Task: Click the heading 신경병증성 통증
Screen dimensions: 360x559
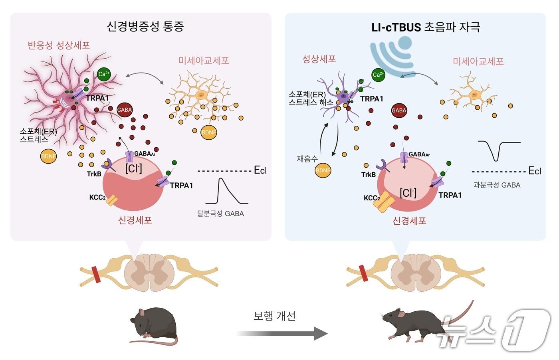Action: (145, 26)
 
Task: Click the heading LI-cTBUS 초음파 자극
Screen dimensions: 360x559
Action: (426, 27)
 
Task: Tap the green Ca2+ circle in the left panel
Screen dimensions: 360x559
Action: (104, 74)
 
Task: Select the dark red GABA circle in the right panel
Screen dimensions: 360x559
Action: (398, 111)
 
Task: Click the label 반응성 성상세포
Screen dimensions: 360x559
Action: (59, 45)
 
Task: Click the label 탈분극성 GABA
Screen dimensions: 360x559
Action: (220, 214)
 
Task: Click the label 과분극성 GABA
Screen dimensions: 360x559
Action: (497, 185)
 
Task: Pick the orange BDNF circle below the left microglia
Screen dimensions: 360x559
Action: (208, 133)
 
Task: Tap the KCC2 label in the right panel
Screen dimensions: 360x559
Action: (371, 198)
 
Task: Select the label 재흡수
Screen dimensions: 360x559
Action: (307, 158)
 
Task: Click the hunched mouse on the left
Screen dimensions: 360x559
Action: (154, 325)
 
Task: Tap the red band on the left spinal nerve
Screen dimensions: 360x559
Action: (96, 273)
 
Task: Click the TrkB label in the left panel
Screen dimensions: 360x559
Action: (94, 174)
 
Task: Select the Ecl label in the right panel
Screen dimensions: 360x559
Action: (535, 171)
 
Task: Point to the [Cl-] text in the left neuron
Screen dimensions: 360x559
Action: (133, 168)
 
